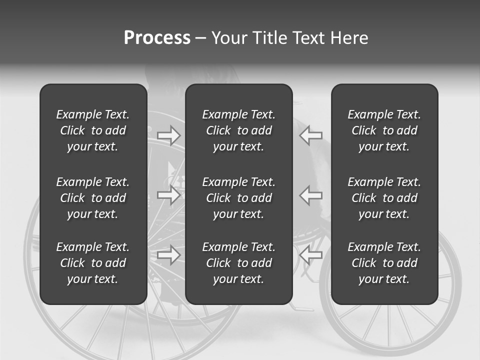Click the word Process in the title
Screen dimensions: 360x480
point(157,38)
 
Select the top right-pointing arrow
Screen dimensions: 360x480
point(168,135)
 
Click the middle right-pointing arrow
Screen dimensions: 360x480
point(168,195)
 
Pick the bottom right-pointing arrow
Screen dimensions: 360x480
point(168,255)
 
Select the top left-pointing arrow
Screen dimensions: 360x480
point(311,135)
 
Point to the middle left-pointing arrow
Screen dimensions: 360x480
point(311,195)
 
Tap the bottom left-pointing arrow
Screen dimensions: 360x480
point(311,255)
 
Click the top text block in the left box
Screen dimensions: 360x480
point(93,130)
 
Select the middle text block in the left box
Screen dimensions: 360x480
point(93,198)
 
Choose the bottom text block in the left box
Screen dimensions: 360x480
point(93,263)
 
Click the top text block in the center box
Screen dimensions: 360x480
point(238,130)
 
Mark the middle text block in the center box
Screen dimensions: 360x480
point(238,198)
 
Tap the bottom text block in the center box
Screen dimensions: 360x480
point(238,263)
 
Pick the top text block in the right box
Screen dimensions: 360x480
point(384,130)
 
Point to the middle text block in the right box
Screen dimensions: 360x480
point(384,198)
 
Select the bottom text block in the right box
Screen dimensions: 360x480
point(384,263)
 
